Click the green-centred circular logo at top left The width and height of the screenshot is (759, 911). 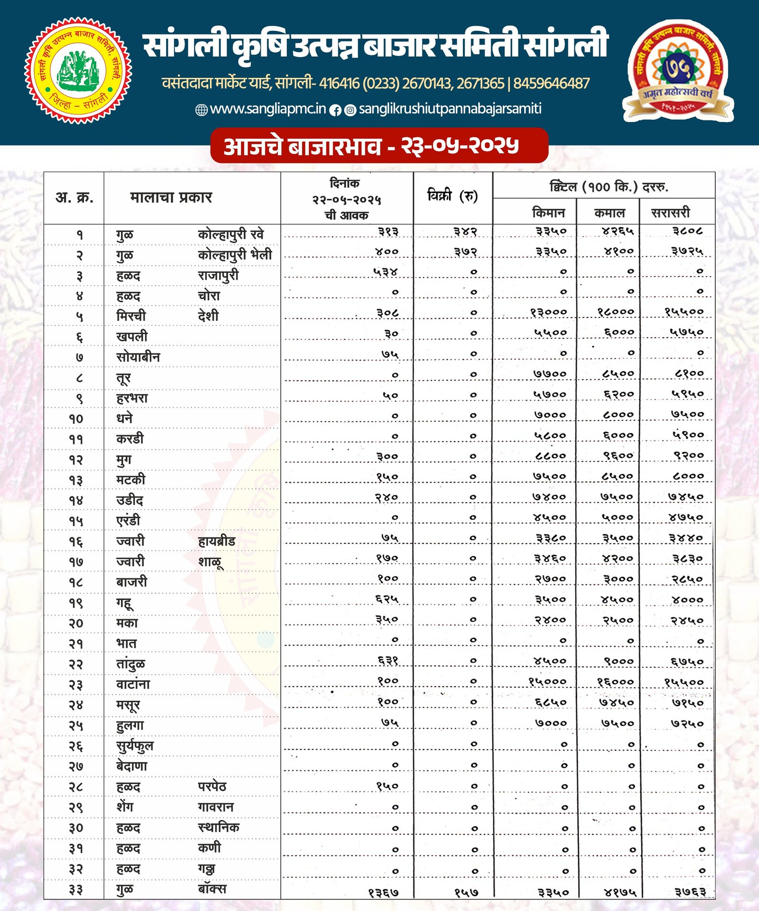pos(78,70)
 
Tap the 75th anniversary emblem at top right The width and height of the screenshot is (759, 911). pos(679,70)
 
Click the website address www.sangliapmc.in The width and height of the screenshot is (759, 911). pos(268,109)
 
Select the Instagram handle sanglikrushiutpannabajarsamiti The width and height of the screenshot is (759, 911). pos(450,109)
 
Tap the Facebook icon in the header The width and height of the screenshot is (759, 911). pos(335,111)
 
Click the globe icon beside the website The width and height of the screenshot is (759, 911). pos(202,110)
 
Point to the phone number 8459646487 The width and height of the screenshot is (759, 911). pos(551,84)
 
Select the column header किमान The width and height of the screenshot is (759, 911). pos(548,213)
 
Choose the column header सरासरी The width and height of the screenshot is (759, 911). pos(670,213)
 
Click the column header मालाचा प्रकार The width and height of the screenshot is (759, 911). pos(171,197)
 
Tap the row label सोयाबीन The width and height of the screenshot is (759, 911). pos(138,357)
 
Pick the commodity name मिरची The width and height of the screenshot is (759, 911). pos(131,316)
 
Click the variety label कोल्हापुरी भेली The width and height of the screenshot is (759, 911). pos(235,255)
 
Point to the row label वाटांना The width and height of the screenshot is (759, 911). pos(133,684)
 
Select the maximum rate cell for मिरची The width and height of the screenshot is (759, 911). pos(615,312)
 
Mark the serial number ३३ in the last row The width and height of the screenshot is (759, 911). pos(75,890)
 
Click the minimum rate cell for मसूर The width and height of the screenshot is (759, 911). pos(550,702)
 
